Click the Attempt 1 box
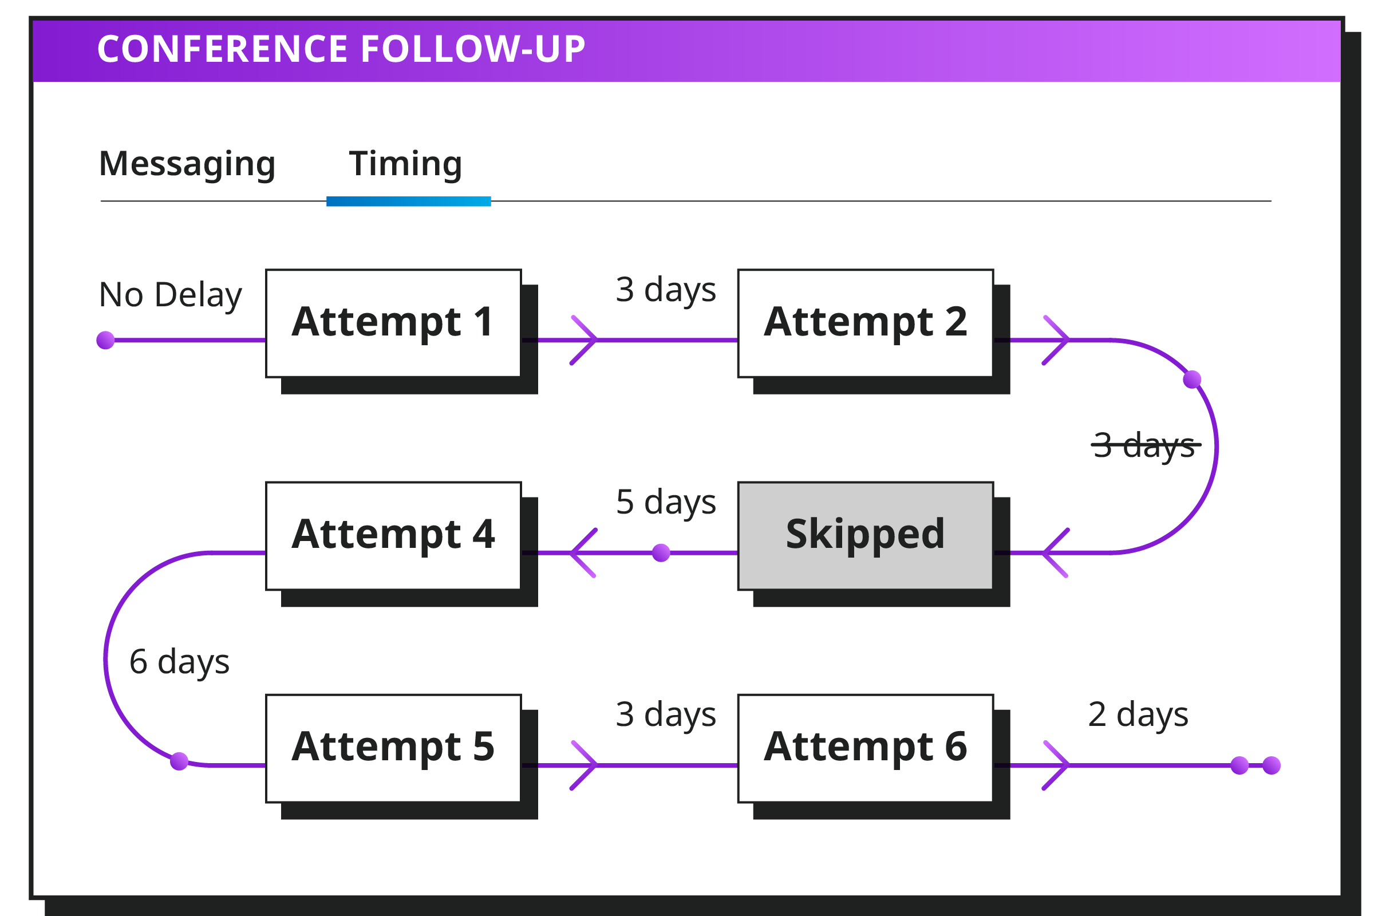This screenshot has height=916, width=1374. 393,323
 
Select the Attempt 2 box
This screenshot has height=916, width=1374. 866,323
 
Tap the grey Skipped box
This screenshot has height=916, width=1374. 866,536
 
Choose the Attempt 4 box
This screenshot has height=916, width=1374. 393,536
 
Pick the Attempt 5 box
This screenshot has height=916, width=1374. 393,749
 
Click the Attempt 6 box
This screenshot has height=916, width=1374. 866,749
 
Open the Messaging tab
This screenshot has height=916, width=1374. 187,164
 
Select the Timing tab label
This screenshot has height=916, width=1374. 405,164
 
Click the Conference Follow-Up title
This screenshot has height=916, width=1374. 341,49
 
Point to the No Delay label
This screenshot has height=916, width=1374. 170,295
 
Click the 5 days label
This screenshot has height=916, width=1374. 666,503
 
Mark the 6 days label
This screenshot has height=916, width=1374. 179,662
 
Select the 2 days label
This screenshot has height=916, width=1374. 1138,715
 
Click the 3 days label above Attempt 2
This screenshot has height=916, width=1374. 666,290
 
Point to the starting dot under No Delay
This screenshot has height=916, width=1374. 105,340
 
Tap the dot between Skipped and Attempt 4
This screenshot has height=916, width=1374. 661,552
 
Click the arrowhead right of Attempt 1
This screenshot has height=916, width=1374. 584,340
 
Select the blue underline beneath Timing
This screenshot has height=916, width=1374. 408,202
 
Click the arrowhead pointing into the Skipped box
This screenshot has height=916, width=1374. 1056,552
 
